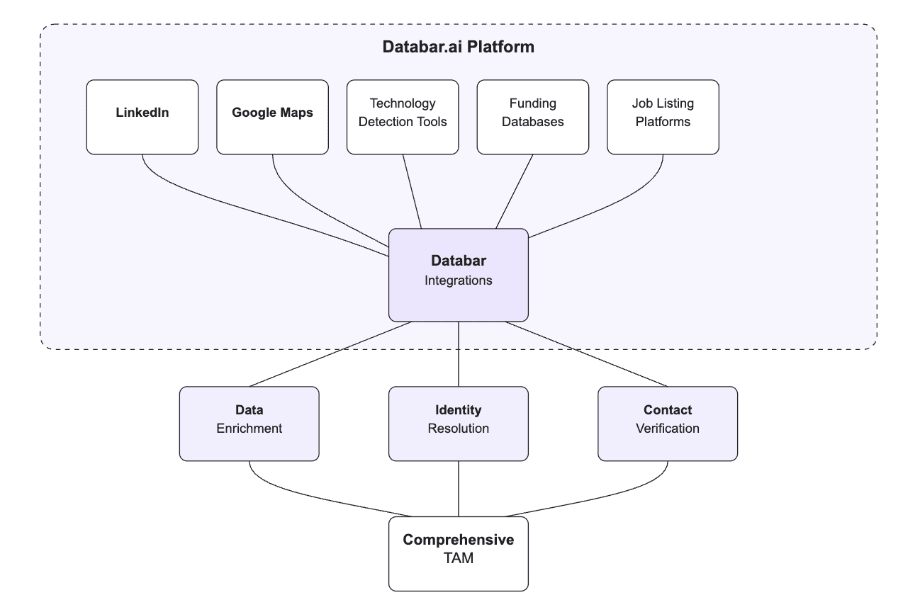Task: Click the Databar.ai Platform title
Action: click(x=458, y=47)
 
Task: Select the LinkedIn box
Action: click(x=142, y=117)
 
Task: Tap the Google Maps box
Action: click(x=272, y=117)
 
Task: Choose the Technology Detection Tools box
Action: click(x=403, y=117)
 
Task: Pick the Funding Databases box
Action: click(x=533, y=117)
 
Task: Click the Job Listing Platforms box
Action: click(x=663, y=117)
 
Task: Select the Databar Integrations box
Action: click(x=459, y=275)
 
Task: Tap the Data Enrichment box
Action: click(x=249, y=424)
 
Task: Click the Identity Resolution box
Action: click(x=459, y=424)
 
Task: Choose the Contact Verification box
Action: click(x=668, y=424)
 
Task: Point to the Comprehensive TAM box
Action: click(x=459, y=553)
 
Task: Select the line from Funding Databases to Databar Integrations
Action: click(x=515, y=191)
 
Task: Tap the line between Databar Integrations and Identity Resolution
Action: click(x=459, y=354)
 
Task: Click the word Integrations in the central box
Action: click(x=459, y=280)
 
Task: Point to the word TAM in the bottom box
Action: click(x=459, y=559)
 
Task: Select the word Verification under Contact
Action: click(x=668, y=429)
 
